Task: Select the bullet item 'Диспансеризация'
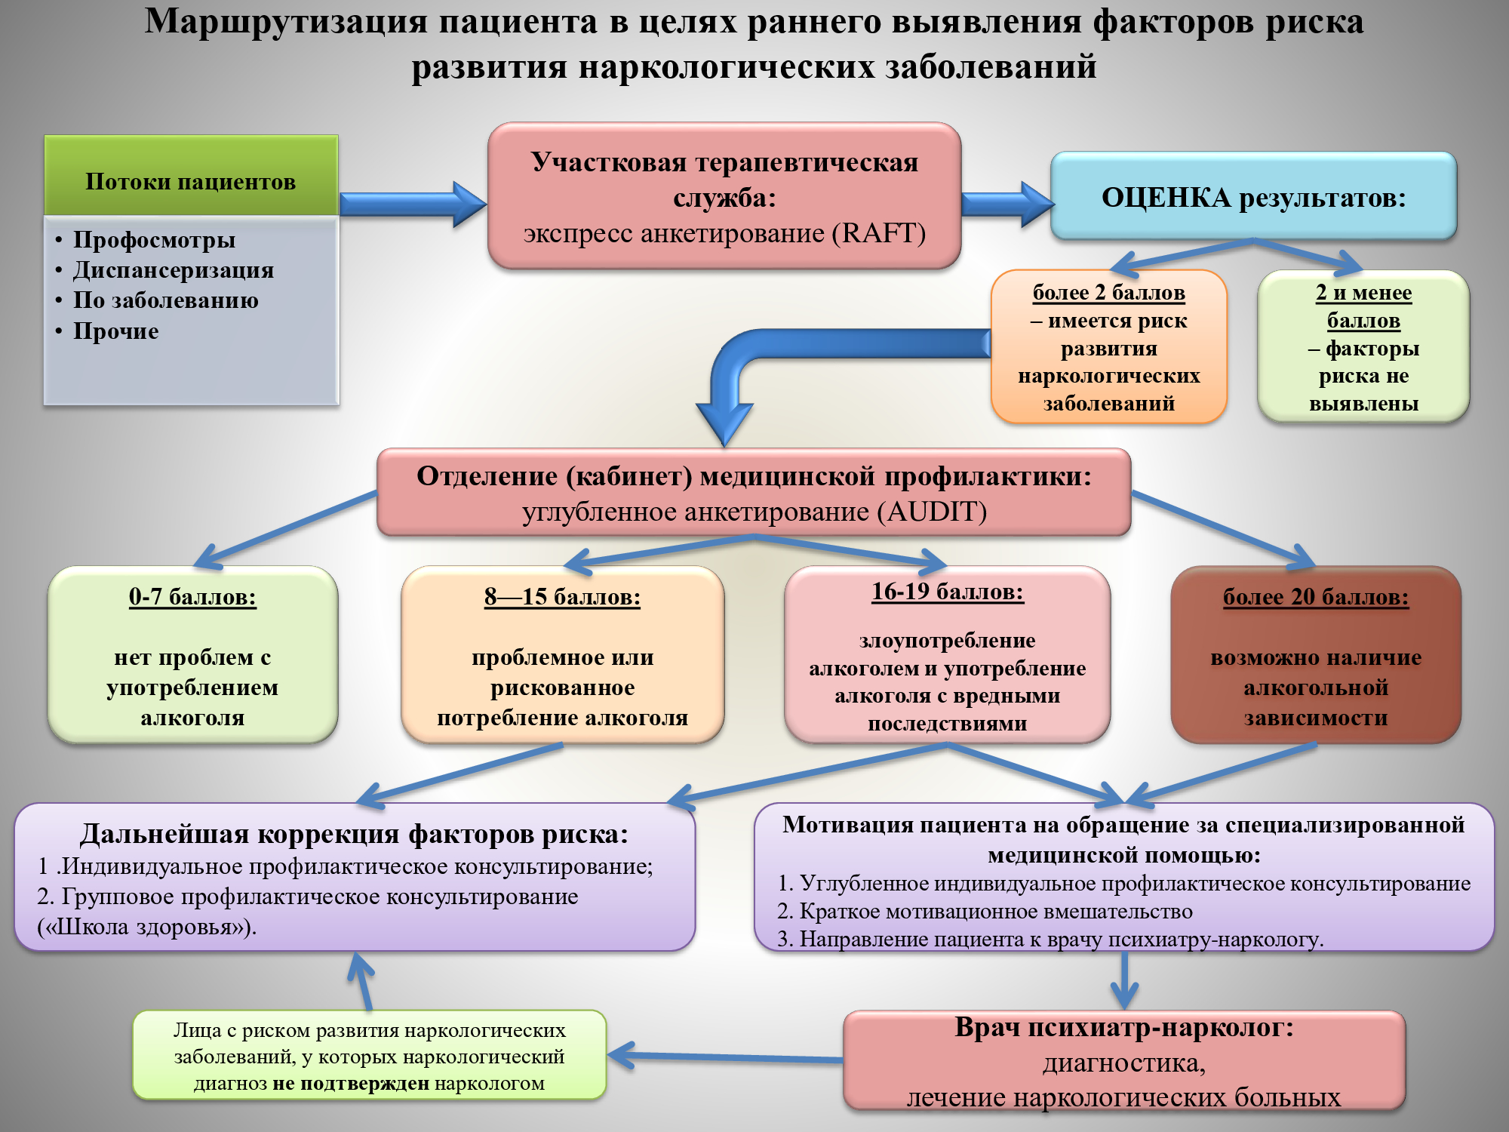coord(173,270)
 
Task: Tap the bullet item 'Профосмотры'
coord(154,240)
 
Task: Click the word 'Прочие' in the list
coord(115,331)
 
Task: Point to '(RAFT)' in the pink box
coord(878,233)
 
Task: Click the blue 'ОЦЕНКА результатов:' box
coord(1253,197)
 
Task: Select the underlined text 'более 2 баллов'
coord(1108,293)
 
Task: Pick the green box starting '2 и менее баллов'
coord(1363,347)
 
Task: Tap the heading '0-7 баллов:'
coord(192,597)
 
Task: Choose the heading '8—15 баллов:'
coord(562,597)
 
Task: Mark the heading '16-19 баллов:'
coord(948,592)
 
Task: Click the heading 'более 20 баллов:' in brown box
coord(1316,597)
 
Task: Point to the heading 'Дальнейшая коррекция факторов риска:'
coord(354,834)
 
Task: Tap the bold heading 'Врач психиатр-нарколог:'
coord(1124,1028)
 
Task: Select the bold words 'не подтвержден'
coord(351,1084)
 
